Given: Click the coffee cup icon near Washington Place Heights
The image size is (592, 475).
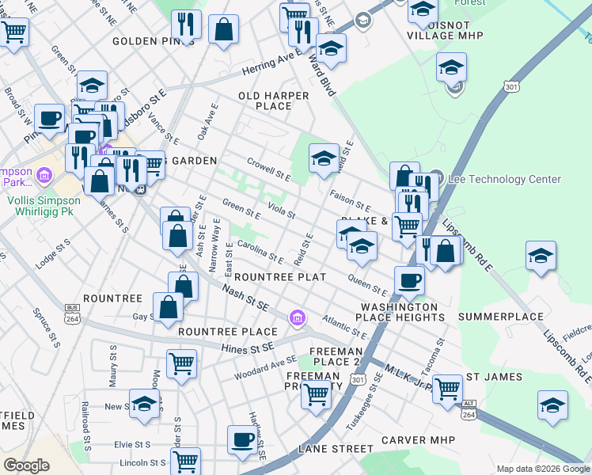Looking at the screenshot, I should click(410, 280).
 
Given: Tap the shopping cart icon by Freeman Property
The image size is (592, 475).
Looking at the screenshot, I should click(317, 393).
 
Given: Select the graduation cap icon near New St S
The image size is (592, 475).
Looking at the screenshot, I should click(143, 405).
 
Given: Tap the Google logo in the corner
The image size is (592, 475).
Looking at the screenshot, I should click(26, 465).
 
